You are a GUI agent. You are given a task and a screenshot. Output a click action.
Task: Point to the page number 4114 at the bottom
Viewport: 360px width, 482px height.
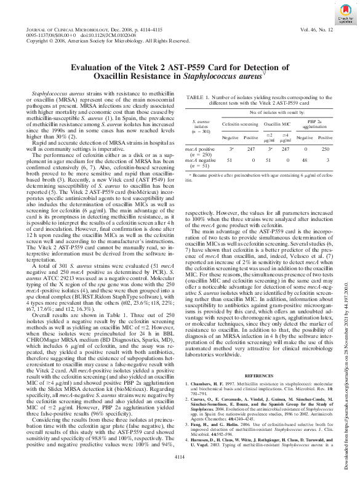click(x=180, y=473)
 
